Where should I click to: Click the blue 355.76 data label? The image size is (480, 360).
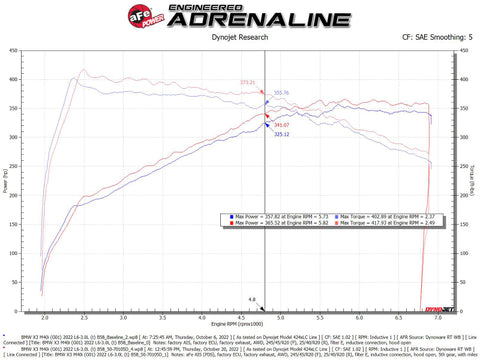pyautogui.click(x=281, y=92)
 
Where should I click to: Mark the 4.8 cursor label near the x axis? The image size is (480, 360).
pyautogui.click(x=252, y=298)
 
